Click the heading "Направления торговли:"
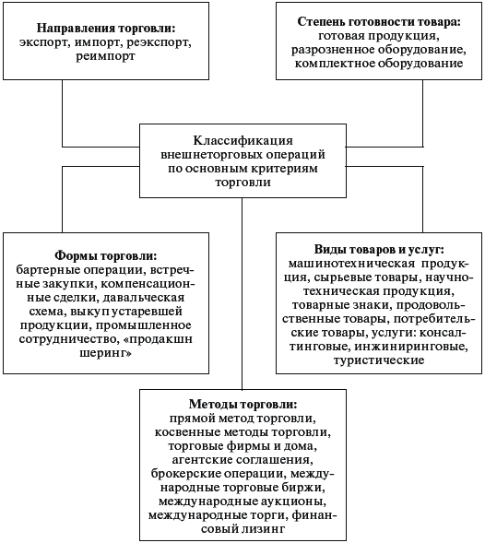tap(106, 29)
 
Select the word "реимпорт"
tap(106, 55)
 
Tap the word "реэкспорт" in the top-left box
tap(159, 41)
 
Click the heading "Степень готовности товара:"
tap(379, 22)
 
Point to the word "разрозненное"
tap(333, 50)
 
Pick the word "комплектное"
tap(335, 64)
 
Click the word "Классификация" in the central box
tap(243, 141)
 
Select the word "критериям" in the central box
tap(283, 169)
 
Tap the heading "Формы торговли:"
tap(106, 256)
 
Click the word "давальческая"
tap(144, 298)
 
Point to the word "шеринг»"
tap(106, 353)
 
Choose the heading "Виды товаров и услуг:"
tap(379, 249)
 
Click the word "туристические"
tap(379, 360)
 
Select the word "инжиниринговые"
tap(411, 347)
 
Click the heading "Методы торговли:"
tap(243, 405)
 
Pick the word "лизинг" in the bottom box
tap(263, 529)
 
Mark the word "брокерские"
tap(185, 473)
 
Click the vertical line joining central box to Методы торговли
tap(242, 294)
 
